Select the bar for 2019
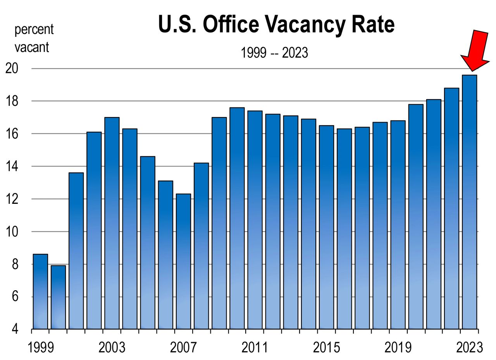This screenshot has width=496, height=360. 398,225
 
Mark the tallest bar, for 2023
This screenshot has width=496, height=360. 469,202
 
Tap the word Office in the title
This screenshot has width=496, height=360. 231,25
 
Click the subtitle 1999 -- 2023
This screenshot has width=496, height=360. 274,53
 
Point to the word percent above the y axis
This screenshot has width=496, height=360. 34,29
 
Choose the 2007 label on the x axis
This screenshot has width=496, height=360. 183,348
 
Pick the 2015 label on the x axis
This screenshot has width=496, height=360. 326,348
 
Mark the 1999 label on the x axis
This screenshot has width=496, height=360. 40,348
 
